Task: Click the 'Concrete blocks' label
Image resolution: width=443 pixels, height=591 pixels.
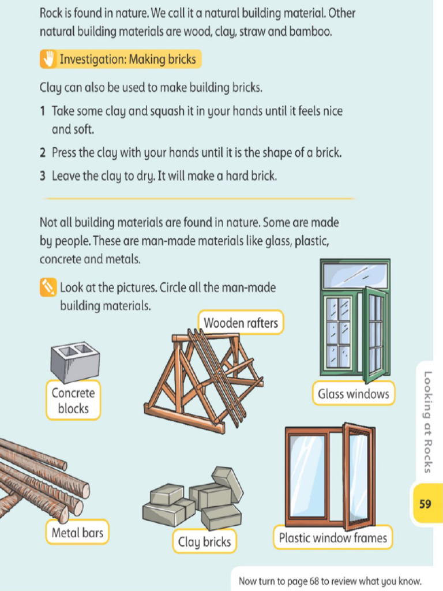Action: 73,401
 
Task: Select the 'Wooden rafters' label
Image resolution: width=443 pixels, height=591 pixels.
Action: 241,323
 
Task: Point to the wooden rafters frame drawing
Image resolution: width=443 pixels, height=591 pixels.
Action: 202,381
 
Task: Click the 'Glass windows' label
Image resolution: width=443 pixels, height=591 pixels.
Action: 354,394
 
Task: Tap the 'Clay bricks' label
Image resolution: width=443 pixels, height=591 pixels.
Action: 204,542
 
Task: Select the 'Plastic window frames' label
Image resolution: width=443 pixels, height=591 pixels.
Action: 333,538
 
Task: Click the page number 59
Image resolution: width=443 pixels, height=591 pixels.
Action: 425,504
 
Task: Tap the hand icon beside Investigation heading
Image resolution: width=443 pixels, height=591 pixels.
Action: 49,59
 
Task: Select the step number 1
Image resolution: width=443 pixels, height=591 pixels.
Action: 43,110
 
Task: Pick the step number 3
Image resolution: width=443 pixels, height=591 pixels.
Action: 43,176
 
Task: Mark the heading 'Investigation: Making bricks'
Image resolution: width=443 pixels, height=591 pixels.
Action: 127,59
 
